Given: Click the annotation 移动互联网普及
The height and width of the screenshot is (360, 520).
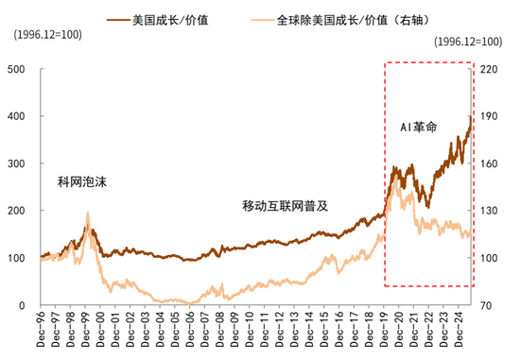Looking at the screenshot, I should pos(285,204).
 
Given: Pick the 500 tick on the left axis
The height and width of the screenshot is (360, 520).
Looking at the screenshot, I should pos(16,69).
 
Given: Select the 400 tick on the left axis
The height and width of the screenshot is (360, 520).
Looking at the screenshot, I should pos(16,116).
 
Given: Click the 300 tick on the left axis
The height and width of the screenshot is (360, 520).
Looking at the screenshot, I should pos(16,163).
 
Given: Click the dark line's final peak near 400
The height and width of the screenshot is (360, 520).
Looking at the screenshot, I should pos(470,117).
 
